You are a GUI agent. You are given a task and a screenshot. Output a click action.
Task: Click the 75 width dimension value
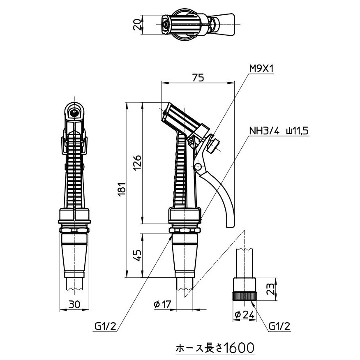tap(198, 77)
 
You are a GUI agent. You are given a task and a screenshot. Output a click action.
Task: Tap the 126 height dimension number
tap(138, 163)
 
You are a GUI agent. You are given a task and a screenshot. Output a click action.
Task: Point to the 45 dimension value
tap(138, 255)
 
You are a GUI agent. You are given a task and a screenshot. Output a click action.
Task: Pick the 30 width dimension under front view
tap(74, 304)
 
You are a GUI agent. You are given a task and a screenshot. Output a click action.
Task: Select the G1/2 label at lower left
tap(106, 327)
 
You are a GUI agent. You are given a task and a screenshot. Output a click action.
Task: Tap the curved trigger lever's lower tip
tap(230, 224)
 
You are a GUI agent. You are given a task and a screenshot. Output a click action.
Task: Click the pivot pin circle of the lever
tap(198, 166)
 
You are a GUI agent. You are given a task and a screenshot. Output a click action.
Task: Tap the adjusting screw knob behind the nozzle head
tap(213, 145)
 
